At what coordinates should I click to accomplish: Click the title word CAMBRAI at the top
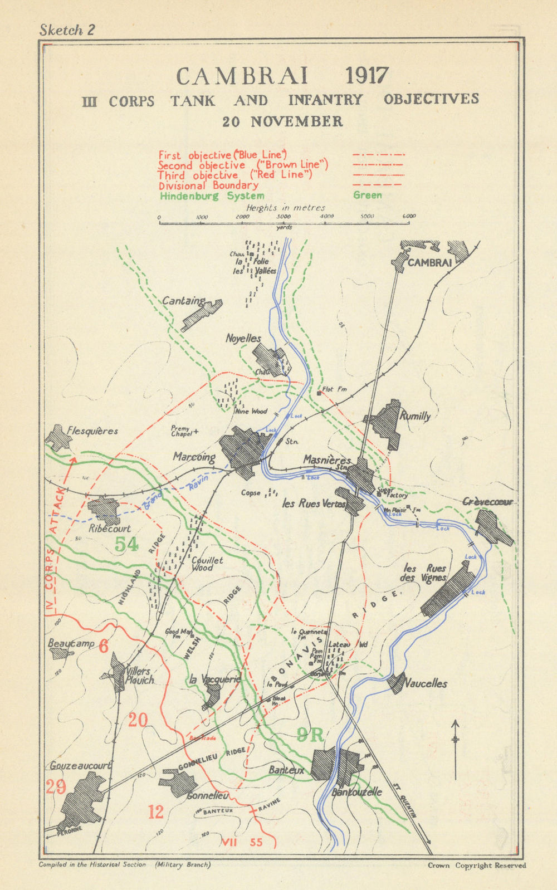[x=234, y=76]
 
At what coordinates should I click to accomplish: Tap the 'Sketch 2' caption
[x=67, y=30]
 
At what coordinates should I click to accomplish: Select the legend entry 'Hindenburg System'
[x=212, y=195]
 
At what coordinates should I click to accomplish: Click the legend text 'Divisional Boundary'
[x=208, y=185]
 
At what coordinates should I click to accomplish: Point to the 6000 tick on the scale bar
[x=409, y=217]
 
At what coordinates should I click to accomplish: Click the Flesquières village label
[x=92, y=431]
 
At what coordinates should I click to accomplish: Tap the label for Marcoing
[x=194, y=457]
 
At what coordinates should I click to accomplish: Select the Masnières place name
[x=327, y=460]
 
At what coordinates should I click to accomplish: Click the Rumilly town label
[x=415, y=415]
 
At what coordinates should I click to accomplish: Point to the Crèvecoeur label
[x=488, y=502]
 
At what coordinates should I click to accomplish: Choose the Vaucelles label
[x=426, y=683]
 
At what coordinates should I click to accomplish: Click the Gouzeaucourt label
[x=80, y=766]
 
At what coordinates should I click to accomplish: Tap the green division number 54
[x=126, y=544]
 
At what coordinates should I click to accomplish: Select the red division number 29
[x=56, y=786]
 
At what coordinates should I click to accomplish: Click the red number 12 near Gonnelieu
[x=156, y=811]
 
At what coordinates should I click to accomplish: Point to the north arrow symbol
[x=456, y=746]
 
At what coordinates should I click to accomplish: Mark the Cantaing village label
[x=183, y=301]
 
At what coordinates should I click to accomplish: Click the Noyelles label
[x=243, y=338]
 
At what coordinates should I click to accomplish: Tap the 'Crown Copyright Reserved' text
[x=476, y=865]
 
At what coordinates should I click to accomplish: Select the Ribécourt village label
[x=110, y=529]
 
